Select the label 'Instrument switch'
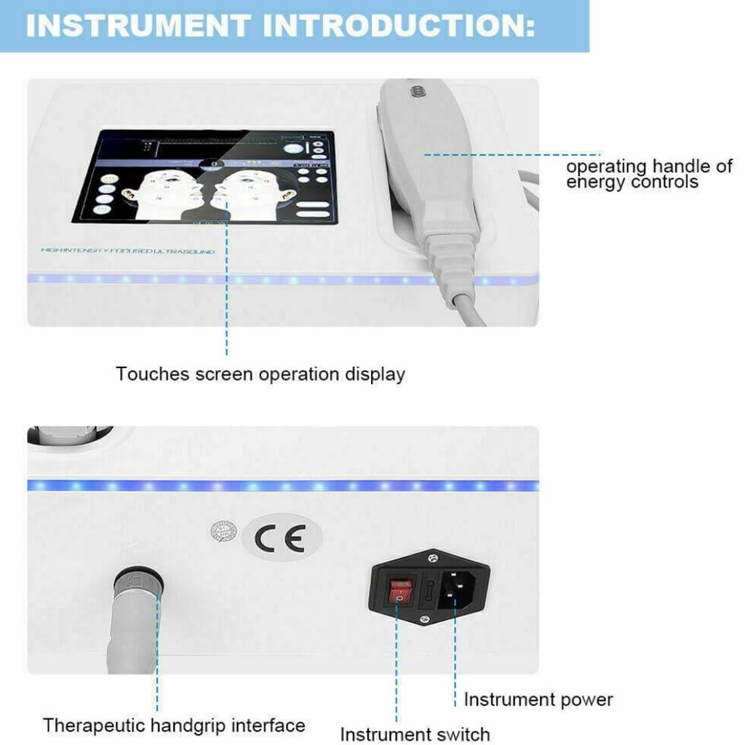pos(415,733)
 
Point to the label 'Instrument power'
pos(538,700)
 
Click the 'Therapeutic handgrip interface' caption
pos(174,725)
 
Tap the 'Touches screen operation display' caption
pos(260,375)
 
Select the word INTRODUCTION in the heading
pos(399,25)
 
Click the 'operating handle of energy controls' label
pos(649,174)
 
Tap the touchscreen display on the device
pos(204,176)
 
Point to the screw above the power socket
pos(433,557)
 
